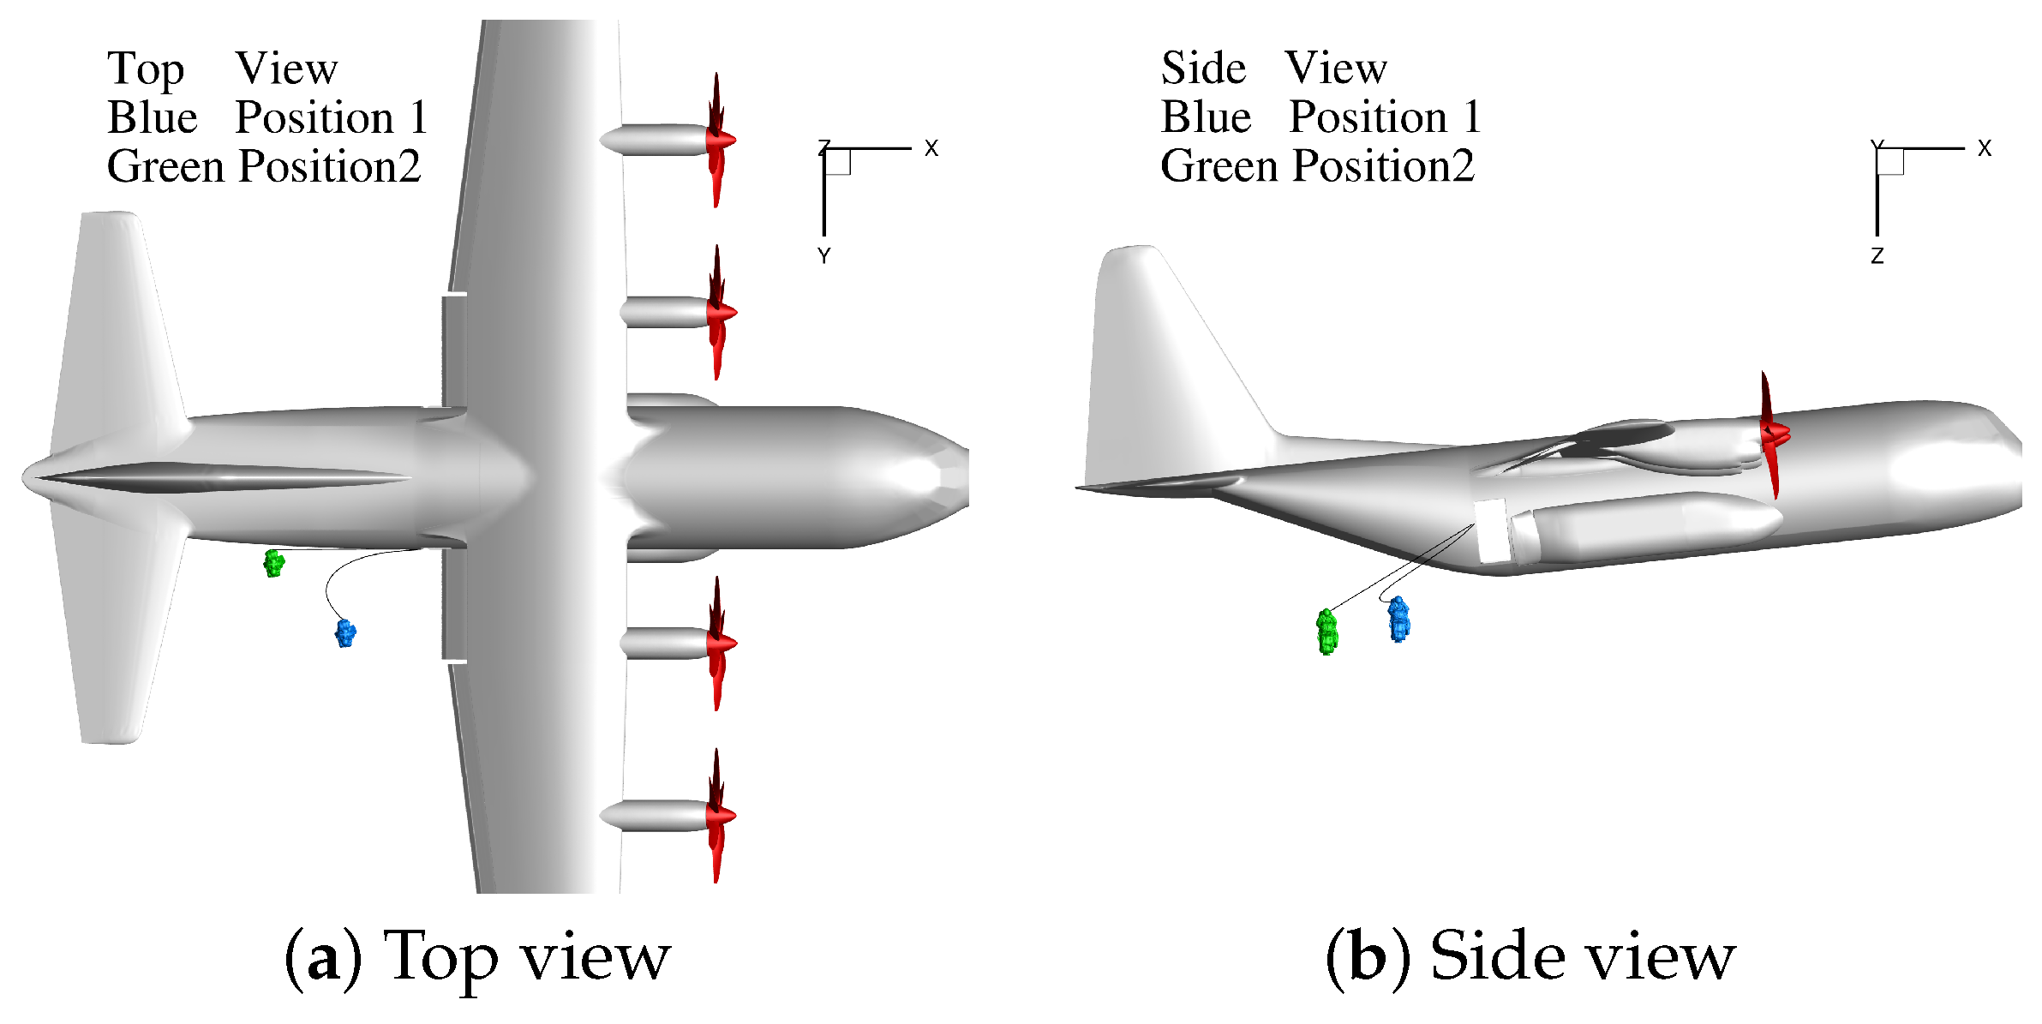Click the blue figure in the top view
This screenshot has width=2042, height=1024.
click(x=345, y=633)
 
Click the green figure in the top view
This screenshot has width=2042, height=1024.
click(x=273, y=563)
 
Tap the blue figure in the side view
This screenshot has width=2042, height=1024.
click(x=1398, y=619)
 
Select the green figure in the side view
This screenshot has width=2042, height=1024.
click(x=1326, y=632)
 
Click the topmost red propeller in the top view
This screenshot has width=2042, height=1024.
click(x=718, y=140)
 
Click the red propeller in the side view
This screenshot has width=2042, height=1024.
click(x=1771, y=435)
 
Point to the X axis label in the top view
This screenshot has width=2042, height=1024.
click(x=931, y=148)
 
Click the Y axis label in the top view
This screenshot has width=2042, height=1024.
click(x=823, y=255)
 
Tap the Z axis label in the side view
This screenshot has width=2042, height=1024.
click(x=1877, y=255)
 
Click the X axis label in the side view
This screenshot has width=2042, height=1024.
click(x=1985, y=148)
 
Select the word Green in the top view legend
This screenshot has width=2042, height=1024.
click(x=165, y=166)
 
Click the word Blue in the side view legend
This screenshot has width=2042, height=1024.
click(x=1206, y=117)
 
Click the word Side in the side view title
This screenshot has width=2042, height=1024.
click(x=1203, y=68)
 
